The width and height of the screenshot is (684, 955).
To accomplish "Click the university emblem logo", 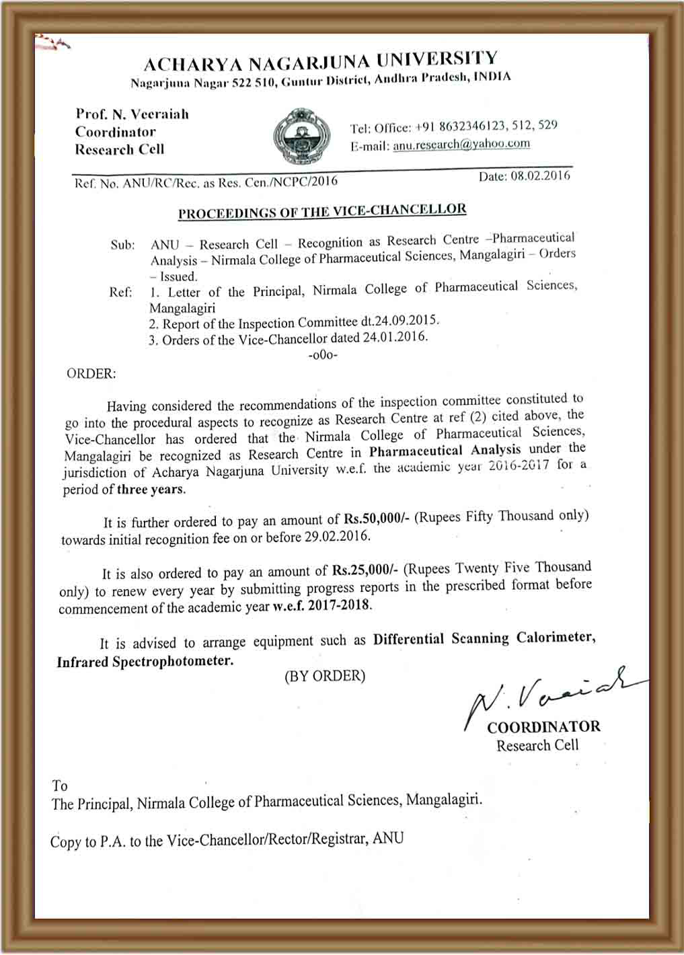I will point(301,136).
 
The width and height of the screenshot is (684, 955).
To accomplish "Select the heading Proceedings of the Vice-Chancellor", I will point(322,211).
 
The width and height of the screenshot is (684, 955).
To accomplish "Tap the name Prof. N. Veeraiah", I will point(132,114).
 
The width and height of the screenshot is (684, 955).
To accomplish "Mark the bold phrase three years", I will point(151,489).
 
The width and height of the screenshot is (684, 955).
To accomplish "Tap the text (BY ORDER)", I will point(325,676).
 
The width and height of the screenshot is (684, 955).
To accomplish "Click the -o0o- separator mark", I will point(323,354).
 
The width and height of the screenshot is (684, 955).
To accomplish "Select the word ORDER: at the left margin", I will point(91,374).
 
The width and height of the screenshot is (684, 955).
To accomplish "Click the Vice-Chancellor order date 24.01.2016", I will point(395,338).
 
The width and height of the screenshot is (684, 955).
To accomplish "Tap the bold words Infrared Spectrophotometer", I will point(145,662).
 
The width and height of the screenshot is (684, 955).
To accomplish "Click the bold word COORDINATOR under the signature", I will point(543,727).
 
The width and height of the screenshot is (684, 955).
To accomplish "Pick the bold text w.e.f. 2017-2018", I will point(321,605).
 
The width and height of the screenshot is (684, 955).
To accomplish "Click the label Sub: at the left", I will point(122,245).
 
